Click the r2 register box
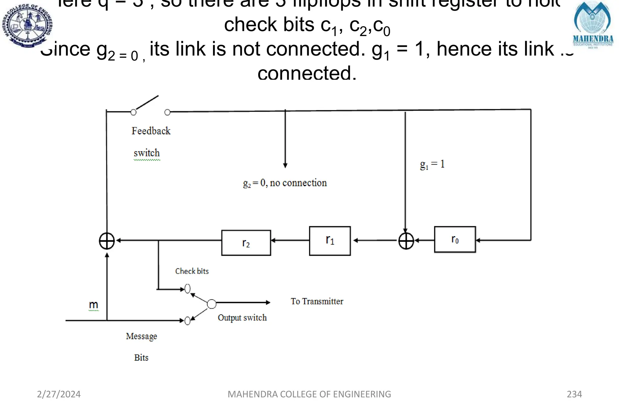click(x=246, y=243)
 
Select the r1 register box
click(x=330, y=241)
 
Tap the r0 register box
click(x=455, y=239)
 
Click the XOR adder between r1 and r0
click(x=406, y=241)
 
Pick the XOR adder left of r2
click(x=107, y=241)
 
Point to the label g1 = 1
click(x=432, y=164)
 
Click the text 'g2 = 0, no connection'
click(x=285, y=183)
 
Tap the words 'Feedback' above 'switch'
click(x=151, y=131)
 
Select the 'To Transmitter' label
click(x=317, y=301)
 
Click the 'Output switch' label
click(x=242, y=318)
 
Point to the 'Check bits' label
click(x=192, y=271)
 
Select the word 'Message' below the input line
click(x=141, y=336)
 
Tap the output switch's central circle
click(x=212, y=303)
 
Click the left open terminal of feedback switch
click(x=133, y=112)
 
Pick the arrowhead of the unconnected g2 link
click(x=285, y=165)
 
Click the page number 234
click(x=574, y=394)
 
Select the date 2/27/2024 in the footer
click(x=59, y=394)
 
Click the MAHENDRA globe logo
click(x=593, y=24)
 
